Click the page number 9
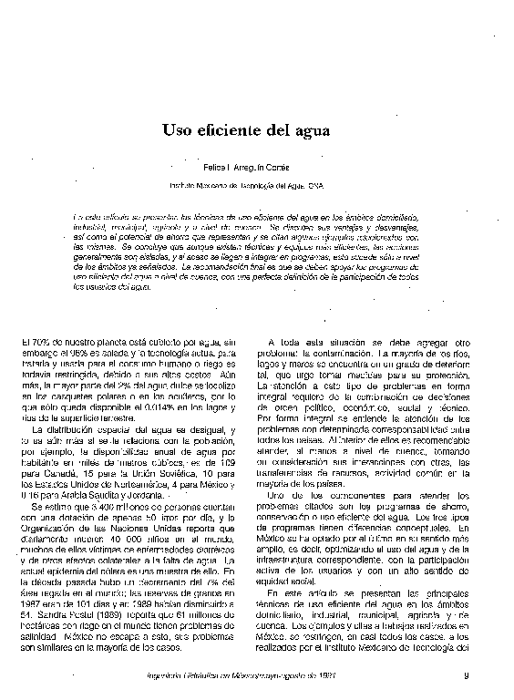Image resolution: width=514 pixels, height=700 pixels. coord(465,675)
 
